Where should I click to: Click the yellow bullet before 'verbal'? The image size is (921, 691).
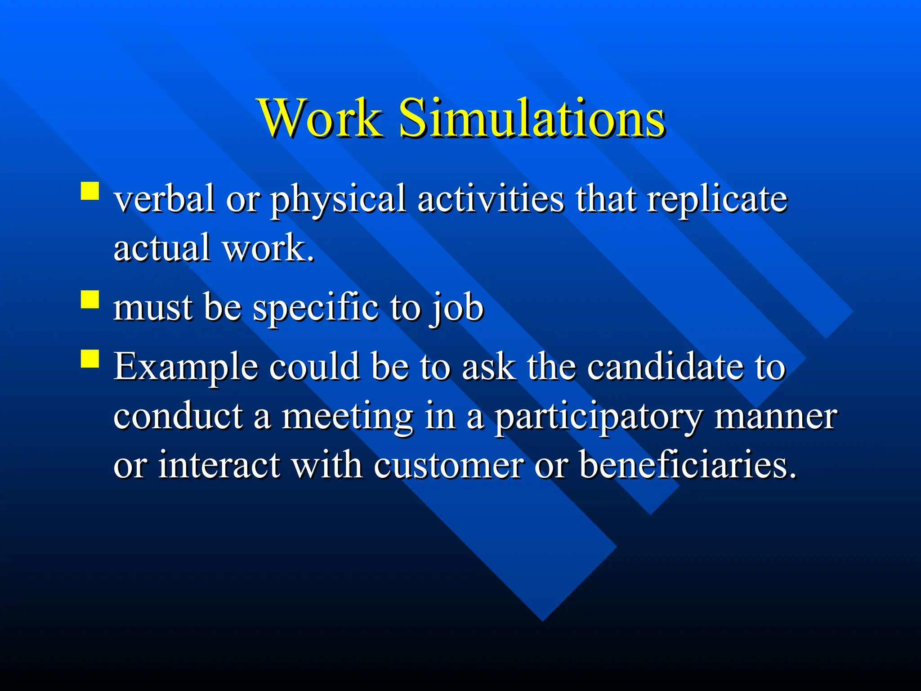90,191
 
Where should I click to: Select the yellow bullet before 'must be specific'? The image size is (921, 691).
90,300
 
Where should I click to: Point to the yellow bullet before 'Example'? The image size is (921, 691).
90,359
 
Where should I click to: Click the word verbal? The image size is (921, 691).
164,199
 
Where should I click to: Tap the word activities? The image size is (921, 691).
490,199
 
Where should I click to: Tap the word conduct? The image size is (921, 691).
178,416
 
